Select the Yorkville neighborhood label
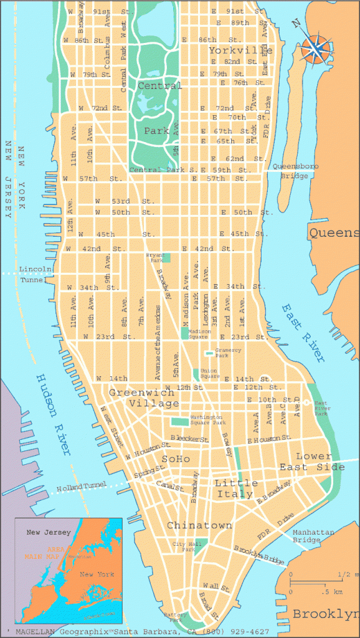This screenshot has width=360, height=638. point(240,50)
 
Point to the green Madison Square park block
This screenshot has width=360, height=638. point(184,333)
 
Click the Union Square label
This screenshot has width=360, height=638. point(209,374)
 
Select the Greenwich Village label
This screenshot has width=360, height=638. point(144,398)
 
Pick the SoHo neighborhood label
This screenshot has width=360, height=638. point(176,459)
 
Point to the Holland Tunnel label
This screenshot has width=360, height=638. point(82,488)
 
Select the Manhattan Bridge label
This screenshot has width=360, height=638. point(313,536)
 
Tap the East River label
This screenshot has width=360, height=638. point(303,333)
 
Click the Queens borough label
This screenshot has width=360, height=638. point(334,233)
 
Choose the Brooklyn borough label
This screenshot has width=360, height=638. point(326,614)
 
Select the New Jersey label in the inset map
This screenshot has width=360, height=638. point(49,533)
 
